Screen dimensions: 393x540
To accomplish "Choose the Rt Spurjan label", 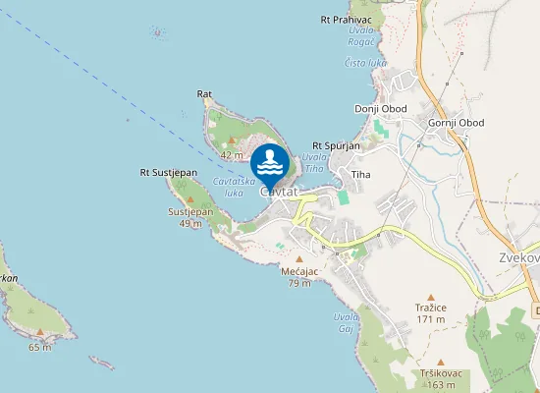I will (337, 145).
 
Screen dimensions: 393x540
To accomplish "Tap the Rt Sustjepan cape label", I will (169, 173).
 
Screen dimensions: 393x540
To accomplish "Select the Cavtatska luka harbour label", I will (235, 187).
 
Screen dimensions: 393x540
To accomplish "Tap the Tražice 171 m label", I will (431, 312).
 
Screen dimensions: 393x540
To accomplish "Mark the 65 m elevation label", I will (40, 347).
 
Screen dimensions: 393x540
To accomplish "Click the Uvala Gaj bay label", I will (345, 322).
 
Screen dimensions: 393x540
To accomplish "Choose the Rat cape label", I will (204, 94).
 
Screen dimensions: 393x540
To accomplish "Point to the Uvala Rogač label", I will (361, 35).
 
